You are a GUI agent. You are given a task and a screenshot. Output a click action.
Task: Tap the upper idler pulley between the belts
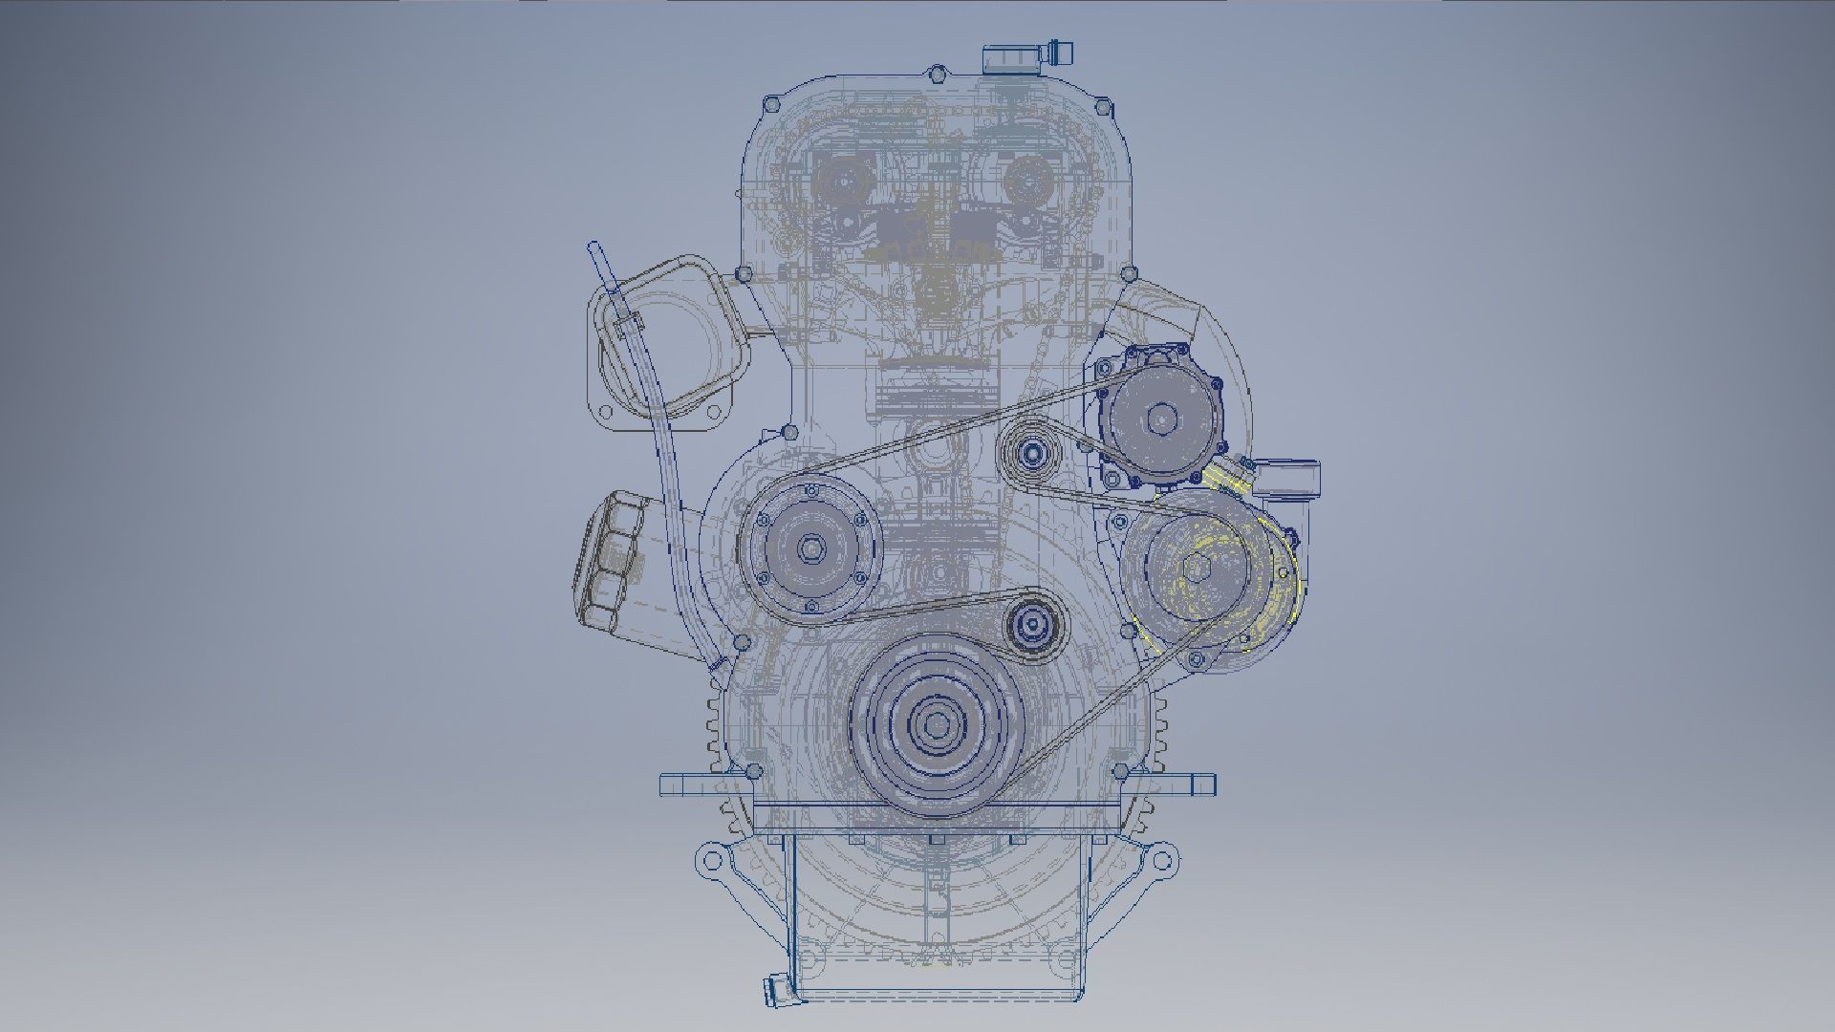tap(1031, 456)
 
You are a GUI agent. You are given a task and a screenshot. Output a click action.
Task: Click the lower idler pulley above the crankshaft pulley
tap(1033, 626)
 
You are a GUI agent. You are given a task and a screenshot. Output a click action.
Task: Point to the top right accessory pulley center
tap(1161, 419)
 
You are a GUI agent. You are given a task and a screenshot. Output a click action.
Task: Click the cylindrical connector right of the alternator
tap(1288, 477)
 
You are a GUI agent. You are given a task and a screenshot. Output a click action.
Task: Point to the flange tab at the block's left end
tap(677, 785)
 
